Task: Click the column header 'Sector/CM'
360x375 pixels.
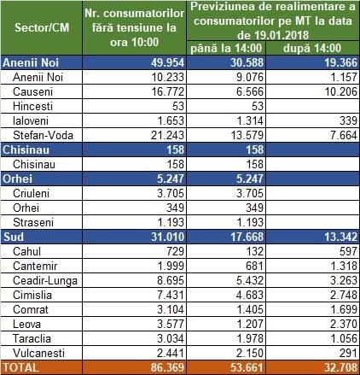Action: point(42,27)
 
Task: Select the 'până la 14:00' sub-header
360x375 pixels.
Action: point(226,48)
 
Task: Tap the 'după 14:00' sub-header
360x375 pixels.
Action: point(312,48)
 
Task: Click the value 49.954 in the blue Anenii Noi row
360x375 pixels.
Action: point(167,62)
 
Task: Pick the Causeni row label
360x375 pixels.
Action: point(32,91)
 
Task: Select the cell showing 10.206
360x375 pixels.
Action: point(341,91)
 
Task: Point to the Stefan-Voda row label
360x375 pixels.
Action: point(43,135)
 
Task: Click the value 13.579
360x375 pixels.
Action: point(247,135)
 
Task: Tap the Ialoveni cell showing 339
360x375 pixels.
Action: point(348,120)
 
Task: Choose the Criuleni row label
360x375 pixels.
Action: point(31,193)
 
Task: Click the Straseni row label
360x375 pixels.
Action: point(33,222)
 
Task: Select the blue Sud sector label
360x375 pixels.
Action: point(14,237)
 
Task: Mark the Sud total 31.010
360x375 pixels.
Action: point(167,237)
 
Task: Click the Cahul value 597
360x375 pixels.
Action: point(348,251)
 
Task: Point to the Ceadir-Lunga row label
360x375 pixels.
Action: point(45,280)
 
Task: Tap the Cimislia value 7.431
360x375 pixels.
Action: point(171,295)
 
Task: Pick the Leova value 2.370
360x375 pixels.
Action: point(344,324)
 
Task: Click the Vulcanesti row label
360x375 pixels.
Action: point(38,353)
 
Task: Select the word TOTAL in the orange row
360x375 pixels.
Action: point(20,367)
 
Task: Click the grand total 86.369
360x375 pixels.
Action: point(167,367)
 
